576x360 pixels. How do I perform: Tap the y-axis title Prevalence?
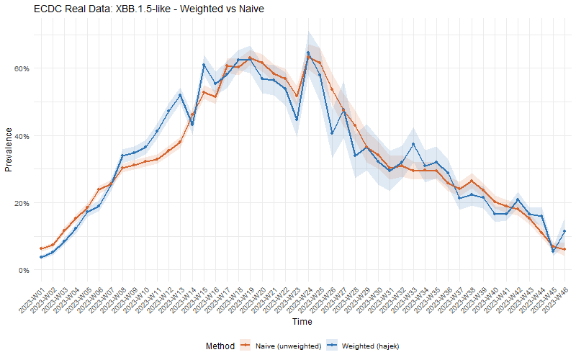click(x=9, y=150)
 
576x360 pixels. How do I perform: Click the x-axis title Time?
click(x=302, y=321)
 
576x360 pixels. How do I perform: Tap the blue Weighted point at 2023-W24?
click(x=308, y=53)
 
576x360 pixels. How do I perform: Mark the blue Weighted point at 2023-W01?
click(x=41, y=257)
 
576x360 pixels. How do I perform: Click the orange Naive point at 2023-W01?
click(x=41, y=248)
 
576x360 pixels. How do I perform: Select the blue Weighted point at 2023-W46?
click(x=564, y=231)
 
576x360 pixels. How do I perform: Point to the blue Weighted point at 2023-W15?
click(x=204, y=65)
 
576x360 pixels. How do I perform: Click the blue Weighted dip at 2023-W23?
click(x=297, y=120)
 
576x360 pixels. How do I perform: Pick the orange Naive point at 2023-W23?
click(x=297, y=96)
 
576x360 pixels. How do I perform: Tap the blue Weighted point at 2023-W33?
click(x=413, y=144)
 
